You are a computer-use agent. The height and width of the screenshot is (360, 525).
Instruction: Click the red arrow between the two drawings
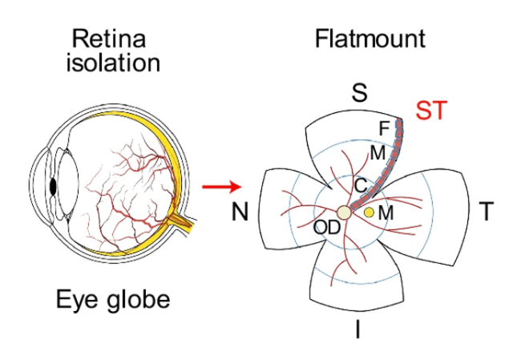tap(220, 188)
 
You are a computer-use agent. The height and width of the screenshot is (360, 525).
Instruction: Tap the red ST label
tap(432, 111)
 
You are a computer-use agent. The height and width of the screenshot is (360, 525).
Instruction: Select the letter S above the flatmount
tap(360, 94)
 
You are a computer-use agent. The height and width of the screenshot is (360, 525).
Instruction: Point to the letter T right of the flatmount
tap(486, 212)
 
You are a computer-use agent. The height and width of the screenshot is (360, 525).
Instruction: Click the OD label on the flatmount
tap(327, 228)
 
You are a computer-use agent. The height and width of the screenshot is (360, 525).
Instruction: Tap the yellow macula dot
tap(369, 212)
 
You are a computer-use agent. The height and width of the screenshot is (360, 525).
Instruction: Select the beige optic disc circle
tap(344, 212)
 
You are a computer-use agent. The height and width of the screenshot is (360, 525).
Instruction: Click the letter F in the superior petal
tap(383, 127)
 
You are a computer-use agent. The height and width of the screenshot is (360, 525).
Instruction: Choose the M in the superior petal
tap(377, 152)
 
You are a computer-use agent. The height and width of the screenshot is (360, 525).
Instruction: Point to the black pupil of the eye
tap(53, 186)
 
